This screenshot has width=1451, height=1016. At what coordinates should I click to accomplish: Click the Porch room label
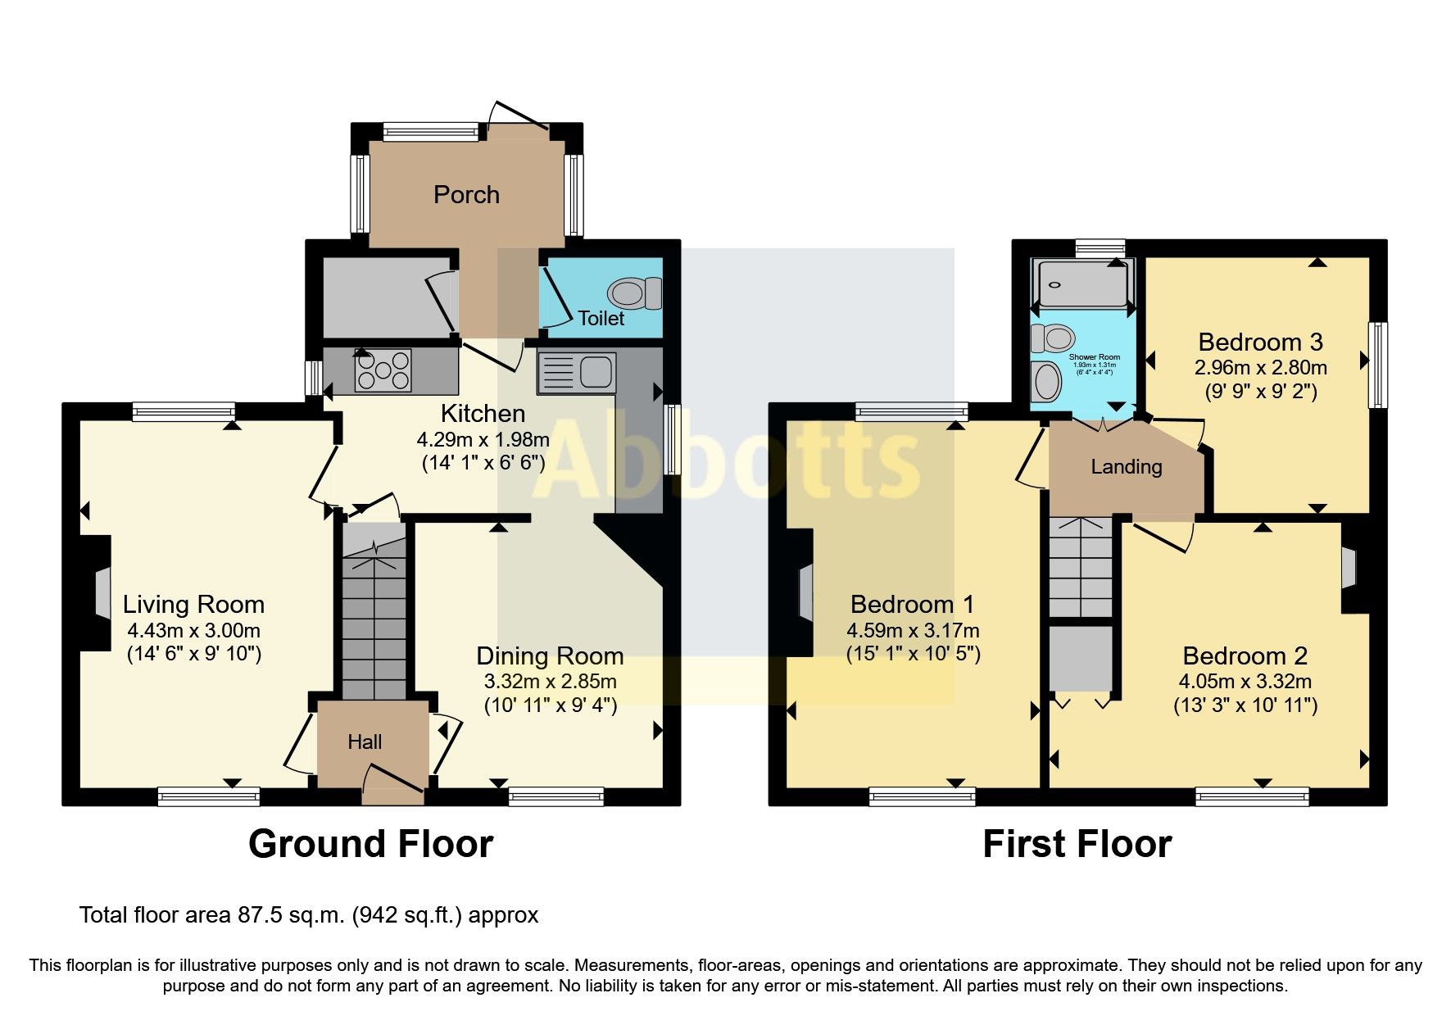click(x=466, y=195)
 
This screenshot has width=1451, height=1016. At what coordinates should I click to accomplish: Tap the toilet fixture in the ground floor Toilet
click(x=636, y=293)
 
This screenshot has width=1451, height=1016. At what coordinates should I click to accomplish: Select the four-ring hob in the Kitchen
click(x=383, y=370)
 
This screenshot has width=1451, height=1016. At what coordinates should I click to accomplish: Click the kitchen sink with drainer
click(x=576, y=372)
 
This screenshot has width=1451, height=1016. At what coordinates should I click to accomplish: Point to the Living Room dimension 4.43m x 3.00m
click(x=193, y=630)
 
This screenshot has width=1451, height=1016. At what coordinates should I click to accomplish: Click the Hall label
click(x=365, y=742)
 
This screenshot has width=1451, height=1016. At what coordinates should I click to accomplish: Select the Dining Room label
click(x=550, y=655)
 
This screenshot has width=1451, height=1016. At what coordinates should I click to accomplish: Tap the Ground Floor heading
click(x=370, y=844)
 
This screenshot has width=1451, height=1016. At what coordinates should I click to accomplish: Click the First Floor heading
click(x=1077, y=844)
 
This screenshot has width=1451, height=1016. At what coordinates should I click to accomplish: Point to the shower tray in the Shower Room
click(x=1082, y=283)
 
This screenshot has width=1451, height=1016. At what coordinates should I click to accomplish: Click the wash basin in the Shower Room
click(x=1046, y=382)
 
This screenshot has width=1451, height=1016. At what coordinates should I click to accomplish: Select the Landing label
click(x=1127, y=467)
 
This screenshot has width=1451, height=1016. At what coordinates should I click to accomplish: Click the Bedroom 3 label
click(x=1260, y=342)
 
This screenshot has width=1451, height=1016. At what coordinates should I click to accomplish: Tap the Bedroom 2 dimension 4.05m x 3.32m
click(x=1245, y=681)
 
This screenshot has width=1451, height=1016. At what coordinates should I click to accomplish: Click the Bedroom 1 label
click(x=912, y=605)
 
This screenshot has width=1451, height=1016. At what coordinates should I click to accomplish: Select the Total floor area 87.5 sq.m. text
click(x=309, y=915)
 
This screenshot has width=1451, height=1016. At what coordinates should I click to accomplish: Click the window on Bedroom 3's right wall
click(x=1381, y=365)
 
